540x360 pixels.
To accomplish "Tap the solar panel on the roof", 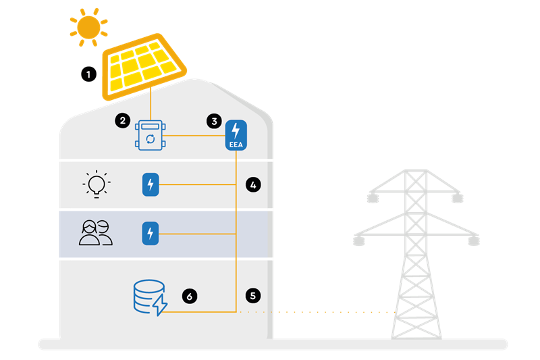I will coord(143,66).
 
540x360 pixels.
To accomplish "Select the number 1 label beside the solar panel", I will coord(88,74).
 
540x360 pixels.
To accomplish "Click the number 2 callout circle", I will coord(122,122).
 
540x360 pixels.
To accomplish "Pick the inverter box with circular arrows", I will coord(151,136).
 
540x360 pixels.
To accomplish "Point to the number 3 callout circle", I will coord(214,122).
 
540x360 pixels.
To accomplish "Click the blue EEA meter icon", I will coord(235,134).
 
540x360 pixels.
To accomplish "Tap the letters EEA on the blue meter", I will coord(235,144).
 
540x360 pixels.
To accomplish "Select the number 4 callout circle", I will coord(253,184).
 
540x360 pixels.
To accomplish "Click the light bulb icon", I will coord(97,184).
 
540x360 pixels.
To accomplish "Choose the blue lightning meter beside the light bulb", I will coord(151,184).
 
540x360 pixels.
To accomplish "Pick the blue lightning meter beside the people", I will coord(151,234).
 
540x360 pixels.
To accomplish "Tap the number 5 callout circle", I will coord(253,295).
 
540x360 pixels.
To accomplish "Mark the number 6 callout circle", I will coord(190,295).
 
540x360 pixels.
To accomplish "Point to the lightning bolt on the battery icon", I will coord(160,305).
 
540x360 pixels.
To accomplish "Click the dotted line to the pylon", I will coord(317,312).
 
